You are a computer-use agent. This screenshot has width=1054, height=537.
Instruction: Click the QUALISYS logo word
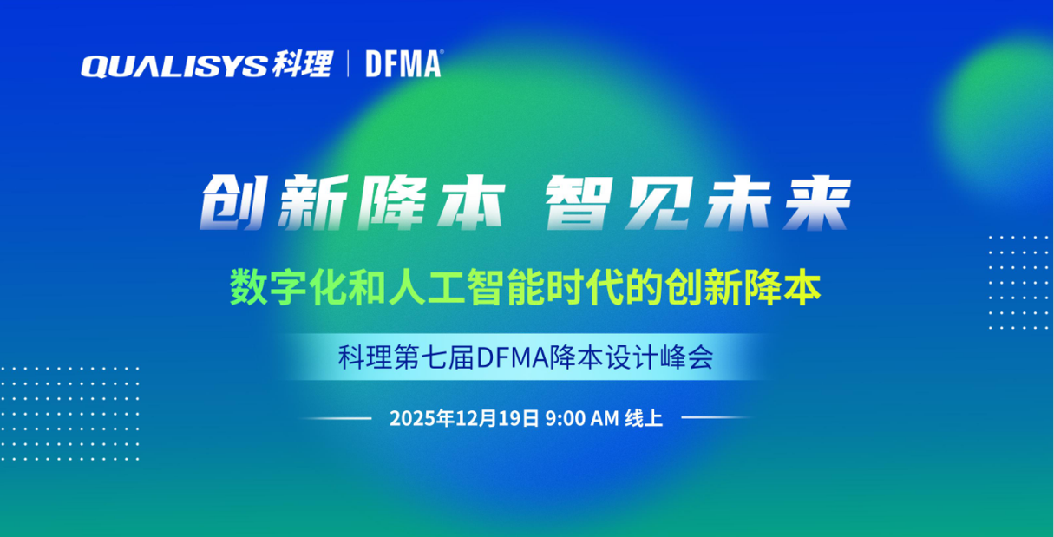point(174,66)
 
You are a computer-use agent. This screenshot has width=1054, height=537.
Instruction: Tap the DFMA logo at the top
point(403,64)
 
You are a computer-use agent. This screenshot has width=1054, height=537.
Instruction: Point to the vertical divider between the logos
point(348,64)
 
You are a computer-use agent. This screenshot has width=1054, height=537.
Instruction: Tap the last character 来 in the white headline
point(817,202)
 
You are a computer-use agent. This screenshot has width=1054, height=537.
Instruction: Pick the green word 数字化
point(288,287)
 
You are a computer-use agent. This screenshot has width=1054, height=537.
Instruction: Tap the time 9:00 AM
point(581,418)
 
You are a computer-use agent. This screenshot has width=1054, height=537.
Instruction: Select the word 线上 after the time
point(644,418)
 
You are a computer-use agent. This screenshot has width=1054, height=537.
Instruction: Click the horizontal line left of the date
point(335,417)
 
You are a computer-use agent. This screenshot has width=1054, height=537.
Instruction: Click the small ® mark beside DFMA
point(442,52)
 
